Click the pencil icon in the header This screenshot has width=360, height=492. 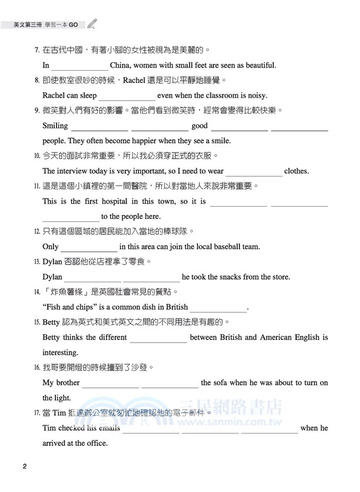click(x=92, y=25)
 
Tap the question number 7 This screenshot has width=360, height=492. click(x=37, y=50)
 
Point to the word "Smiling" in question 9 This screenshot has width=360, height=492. click(x=55, y=125)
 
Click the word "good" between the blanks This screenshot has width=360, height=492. click(x=199, y=125)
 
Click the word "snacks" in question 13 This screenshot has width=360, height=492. click(x=223, y=277)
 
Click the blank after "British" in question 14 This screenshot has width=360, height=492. click(x=218, y=308)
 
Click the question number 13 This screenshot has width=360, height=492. click(x=37, y=261)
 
